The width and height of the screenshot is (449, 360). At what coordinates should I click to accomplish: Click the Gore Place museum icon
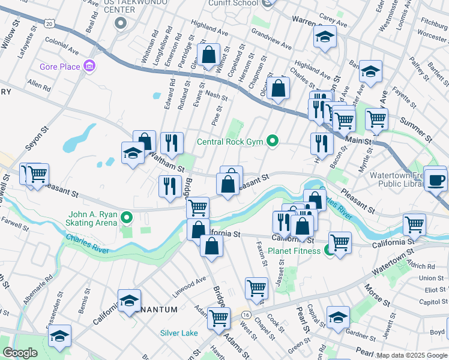tap(89, 65)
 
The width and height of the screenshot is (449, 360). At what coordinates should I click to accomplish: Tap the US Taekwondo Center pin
tap(121, 23)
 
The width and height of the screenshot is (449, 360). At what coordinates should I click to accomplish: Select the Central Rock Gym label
tap(231, 142)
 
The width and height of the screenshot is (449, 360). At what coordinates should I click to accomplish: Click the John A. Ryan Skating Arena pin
tap(126, 217)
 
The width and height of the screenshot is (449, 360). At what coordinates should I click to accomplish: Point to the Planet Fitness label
tap(294, 251)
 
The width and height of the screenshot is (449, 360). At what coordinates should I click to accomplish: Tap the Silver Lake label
tap(179, 333)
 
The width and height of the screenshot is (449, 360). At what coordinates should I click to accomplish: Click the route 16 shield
tap(247, 314)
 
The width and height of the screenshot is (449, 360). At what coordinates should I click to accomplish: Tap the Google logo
tap(20, 353)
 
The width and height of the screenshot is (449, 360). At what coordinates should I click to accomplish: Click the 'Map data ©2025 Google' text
tap(412, 355)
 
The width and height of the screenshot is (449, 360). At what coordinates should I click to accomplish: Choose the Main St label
tap(359, 142)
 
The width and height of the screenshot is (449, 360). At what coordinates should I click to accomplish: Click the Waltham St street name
tap(167, 162)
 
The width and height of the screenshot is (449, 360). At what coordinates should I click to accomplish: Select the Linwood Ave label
tap(185, 292)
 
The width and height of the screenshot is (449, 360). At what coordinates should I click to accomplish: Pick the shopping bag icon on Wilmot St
tap(208, 55)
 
